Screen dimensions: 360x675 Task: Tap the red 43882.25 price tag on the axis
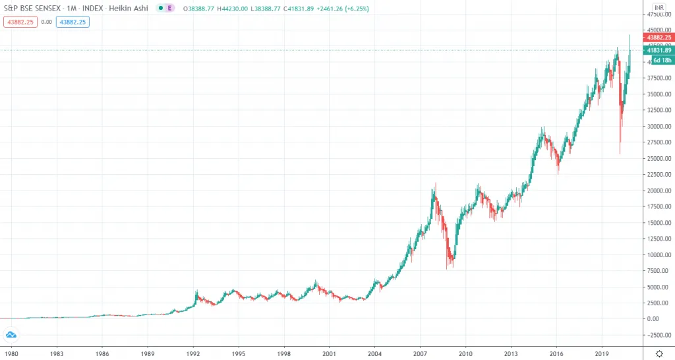[659, 38]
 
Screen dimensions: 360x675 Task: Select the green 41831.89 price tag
[659, 50]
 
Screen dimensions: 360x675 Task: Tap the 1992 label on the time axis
[193, 353]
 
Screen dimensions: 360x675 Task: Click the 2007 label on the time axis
[420, 353]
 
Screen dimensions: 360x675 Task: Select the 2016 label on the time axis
[556, 353]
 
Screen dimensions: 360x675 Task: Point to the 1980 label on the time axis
[11, 353]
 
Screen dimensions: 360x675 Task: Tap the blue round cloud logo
[10, 334]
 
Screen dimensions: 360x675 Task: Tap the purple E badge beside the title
[170, 9]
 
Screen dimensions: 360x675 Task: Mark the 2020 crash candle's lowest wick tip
[619, 154]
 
